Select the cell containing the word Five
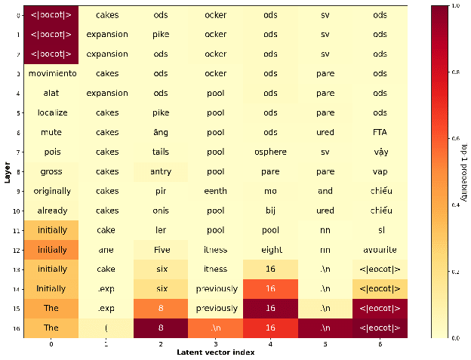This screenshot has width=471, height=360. pos(161,249)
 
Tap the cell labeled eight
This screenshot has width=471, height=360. pos(270,249)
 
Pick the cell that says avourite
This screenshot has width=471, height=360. pos(380,249)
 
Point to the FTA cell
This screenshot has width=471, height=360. pos(380,132)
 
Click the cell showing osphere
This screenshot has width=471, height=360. pos(270,152)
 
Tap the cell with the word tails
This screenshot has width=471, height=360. pos(161,152)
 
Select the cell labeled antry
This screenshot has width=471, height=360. pos(161,171)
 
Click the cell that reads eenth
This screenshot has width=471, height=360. pos(216,191)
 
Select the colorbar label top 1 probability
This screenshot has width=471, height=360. pos(463,171)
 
